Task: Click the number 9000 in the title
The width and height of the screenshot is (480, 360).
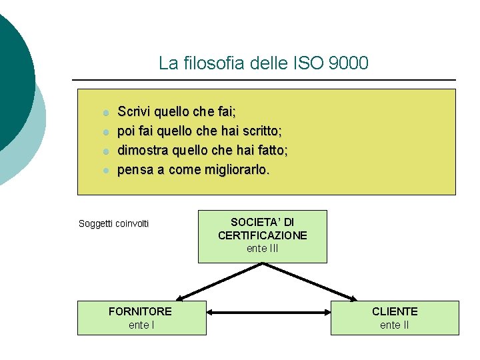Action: click(348, 63)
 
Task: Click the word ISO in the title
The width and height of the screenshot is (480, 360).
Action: click(309, 63)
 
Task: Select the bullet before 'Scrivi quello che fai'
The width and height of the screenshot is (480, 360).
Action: click(105, 112)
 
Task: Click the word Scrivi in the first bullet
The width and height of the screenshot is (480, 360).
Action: click(134, 111)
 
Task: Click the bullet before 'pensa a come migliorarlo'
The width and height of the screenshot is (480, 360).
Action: click(105, 171)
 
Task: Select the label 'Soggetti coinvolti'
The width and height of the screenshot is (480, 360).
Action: click(114, 223)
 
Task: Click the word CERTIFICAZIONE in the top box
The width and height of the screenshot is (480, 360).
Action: click(262, 235)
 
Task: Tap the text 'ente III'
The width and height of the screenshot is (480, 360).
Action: click(262, 249)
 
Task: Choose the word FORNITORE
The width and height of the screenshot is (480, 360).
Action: click(140, 311)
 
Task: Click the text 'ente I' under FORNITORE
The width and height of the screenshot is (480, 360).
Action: click(141, 325)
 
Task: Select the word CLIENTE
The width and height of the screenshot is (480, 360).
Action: click(395, 311)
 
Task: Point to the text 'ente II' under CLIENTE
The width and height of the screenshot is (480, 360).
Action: click(395, 325)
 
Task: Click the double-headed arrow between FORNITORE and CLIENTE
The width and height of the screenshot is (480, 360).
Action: click(269, 311)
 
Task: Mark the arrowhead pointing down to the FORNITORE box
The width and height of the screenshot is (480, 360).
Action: click(181, 297)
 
